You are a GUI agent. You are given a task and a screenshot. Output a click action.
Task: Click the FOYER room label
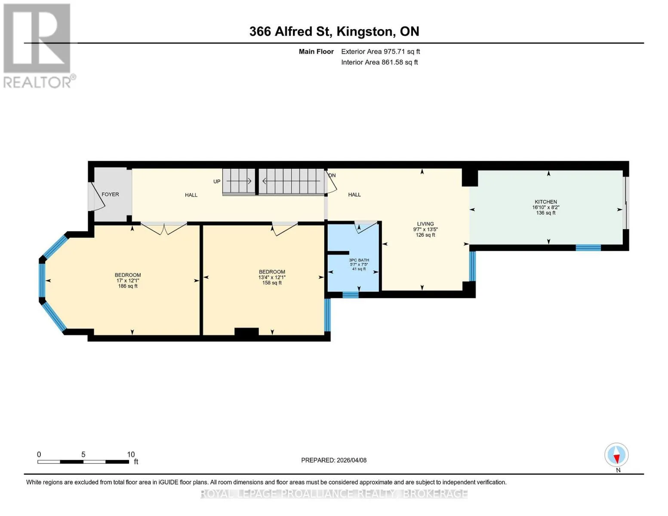tap(110, 194)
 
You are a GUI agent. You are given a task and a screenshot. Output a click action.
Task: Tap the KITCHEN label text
tap(546, 202)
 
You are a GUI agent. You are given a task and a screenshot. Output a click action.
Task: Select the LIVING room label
tap(425, 224)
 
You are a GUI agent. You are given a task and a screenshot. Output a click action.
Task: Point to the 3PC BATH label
tap(359, 260)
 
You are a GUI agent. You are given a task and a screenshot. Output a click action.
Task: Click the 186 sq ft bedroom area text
tap(128, 286)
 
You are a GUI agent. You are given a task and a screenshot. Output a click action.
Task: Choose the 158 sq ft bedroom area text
tap(272, 283)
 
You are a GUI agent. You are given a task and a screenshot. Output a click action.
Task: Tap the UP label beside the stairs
tap(217, 181)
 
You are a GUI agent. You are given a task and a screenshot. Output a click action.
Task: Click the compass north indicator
tap(616, 455)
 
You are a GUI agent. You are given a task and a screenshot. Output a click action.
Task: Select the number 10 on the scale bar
tap(131, 455)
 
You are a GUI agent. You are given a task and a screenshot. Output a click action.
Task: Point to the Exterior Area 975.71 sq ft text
tap(380, 52)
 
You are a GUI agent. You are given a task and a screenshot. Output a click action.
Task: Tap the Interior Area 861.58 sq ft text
tap(379, 62)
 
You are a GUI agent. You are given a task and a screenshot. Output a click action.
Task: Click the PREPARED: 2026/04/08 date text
tap(333, 461)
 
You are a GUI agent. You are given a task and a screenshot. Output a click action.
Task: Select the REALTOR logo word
tap(37, 83)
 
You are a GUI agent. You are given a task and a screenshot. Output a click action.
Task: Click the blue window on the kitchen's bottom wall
tap(588, 248)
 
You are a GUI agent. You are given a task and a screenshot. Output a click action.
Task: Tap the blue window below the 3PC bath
tap(351, 295)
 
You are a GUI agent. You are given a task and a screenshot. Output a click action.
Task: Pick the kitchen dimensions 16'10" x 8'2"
tap(546, 207)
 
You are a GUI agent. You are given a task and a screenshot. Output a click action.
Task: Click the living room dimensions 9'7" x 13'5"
tap(425, 230)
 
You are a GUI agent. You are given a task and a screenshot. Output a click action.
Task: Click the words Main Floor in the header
tap(316, 52)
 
